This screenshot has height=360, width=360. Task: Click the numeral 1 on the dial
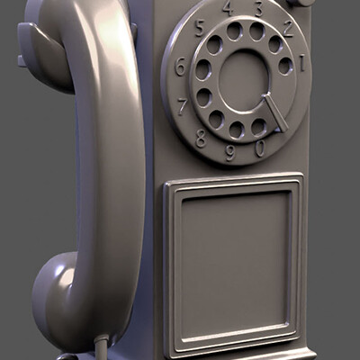pos(302,63)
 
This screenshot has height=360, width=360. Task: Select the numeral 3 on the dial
pos(258,9)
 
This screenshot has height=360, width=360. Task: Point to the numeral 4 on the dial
pos(227,7)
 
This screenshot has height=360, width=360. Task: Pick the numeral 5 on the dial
pos(200,25)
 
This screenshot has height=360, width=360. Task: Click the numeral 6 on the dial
pos(180,66)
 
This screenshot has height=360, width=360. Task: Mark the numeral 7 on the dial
pos(184,106)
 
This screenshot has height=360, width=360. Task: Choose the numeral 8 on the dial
pos(201,138)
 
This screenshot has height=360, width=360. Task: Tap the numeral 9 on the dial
pos(230,152)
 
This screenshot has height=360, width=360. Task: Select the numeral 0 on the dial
pos(260,149)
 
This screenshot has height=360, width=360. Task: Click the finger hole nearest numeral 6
pos(202,69)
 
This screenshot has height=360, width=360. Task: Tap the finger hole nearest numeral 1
pos(285,66)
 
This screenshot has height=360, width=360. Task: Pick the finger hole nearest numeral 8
pos(216,119)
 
